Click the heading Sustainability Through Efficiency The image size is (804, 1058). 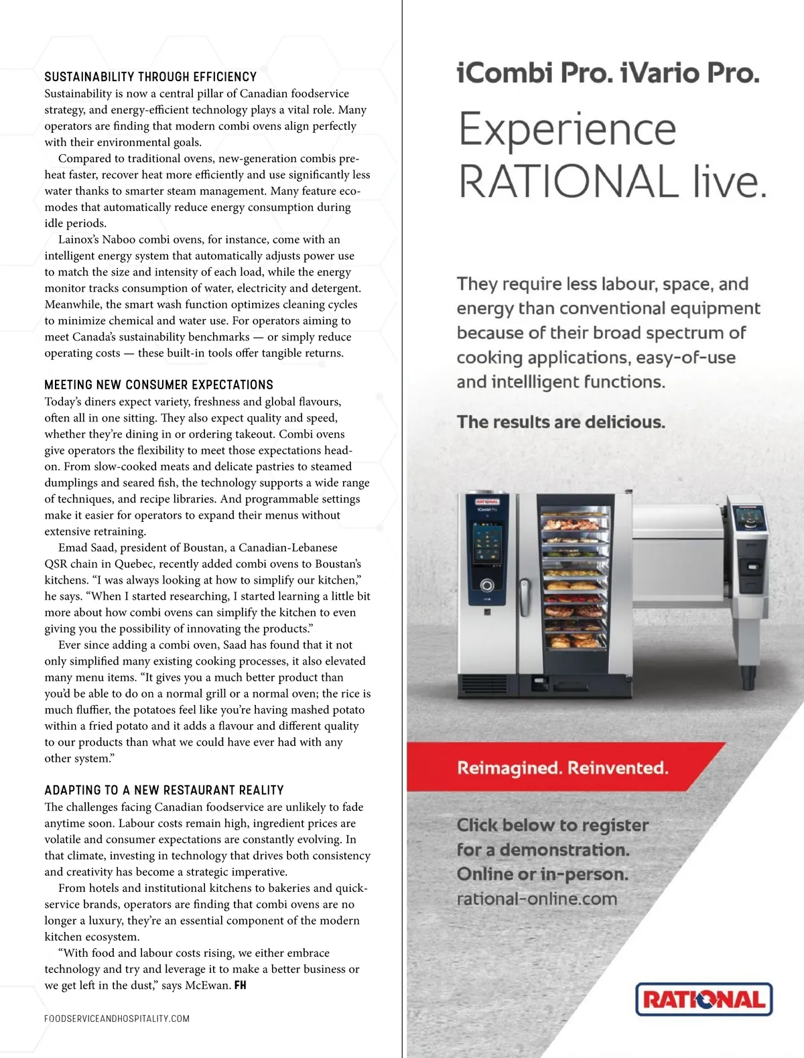151,77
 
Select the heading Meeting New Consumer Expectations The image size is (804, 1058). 159,385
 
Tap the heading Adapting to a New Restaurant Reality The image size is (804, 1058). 164,791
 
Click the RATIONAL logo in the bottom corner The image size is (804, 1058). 703,1000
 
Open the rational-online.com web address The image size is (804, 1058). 537,899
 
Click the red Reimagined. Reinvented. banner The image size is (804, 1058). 563,768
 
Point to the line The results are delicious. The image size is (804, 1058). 561,422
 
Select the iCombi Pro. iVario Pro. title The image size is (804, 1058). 608,73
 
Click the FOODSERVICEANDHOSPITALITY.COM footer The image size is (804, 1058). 117,1018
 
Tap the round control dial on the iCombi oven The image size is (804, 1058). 487,585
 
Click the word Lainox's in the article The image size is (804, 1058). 78,240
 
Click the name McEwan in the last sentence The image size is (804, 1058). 208,986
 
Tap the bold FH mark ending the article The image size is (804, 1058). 241,986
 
